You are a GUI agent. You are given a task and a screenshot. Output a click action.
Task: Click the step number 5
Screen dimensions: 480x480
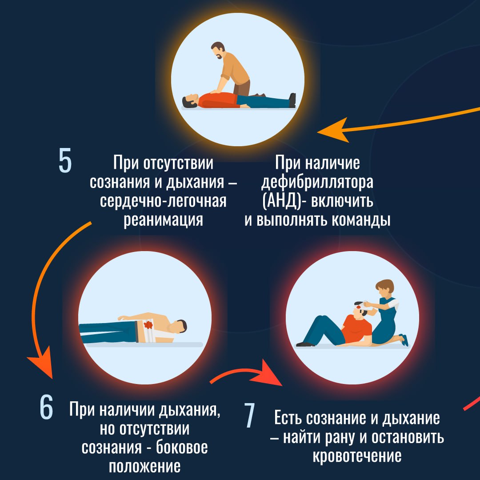pyautogui.click(x=65, y=160)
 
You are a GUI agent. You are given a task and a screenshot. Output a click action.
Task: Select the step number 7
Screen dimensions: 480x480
pyautogui.click(x=249, y=416)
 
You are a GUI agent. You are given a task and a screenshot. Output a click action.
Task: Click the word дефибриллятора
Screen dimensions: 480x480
pyautogui.click(x=317, y=183)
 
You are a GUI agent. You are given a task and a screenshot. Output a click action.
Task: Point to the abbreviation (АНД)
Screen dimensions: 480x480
pyautogui.click(x=282, y=202)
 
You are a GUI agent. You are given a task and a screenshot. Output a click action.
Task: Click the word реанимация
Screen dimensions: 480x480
pyautogui.click(x=163, y=220)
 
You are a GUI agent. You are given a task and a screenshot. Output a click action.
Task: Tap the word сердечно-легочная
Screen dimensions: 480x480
pyautogui.click(x=163, y=201)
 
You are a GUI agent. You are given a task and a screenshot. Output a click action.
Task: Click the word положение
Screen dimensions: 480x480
pyautogui.click(x=145, y=467)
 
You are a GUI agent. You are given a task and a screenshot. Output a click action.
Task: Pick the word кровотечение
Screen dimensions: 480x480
pyautogui.click(x=357, y=456)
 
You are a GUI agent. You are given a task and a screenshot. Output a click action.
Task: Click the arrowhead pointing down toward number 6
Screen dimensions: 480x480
pyautogui.click(x=41, y=363)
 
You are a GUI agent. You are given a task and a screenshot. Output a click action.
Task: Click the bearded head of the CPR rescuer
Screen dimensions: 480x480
pyautogui.click(x=218, y=51)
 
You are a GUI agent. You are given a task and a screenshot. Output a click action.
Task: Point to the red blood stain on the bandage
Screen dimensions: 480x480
pyautogui.click(x=148, y=324)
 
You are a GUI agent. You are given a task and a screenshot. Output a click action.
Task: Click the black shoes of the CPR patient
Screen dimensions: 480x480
pyautogui.click(x=292, y=100)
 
